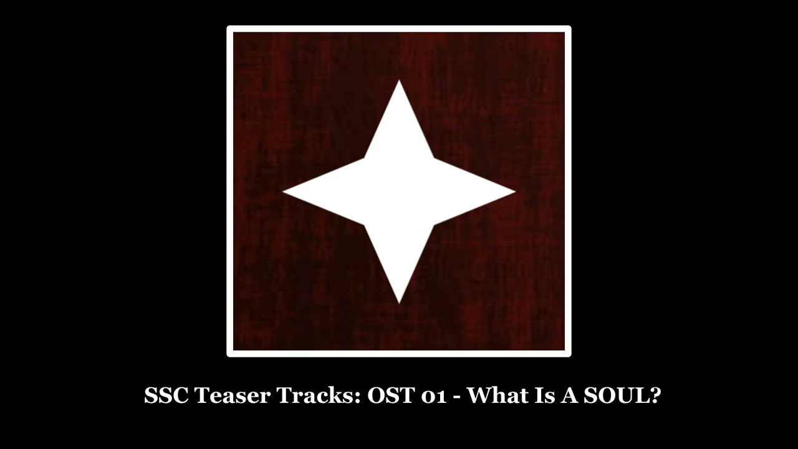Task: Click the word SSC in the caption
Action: (166, 395)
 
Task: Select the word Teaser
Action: (232, 395)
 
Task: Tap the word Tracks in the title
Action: (316, 395)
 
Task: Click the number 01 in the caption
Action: (433, 395)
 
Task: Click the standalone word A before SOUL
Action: (568, 395)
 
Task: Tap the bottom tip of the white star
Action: (399, 302)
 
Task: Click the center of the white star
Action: (399, 192)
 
